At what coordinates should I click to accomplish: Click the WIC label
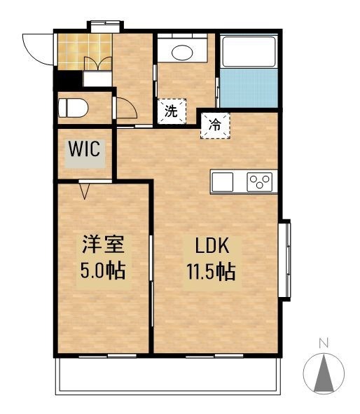click(x=84, y=149)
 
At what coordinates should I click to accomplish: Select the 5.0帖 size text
click(x=103, y=271)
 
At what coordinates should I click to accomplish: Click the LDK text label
click(x=212, y=246)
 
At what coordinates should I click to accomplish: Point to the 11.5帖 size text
click(x=211, y=272)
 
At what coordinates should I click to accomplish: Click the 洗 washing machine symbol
click(x=172, y=111)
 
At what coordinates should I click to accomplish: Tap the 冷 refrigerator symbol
click(x=215, y=125)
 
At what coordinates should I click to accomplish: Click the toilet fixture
click(x=73, y=108)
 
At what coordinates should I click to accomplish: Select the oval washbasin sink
click(x=182, y=53)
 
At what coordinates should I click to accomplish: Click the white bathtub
click(x=249, y=51)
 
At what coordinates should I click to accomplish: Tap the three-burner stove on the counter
click(x=260, y=182)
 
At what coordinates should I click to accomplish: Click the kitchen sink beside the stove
click(x=223, y=182)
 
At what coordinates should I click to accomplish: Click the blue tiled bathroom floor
click(x=249, y=88)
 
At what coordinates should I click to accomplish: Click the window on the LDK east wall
click(x=286, y=260)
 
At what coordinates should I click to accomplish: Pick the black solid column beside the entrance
click(x=69, y=80)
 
